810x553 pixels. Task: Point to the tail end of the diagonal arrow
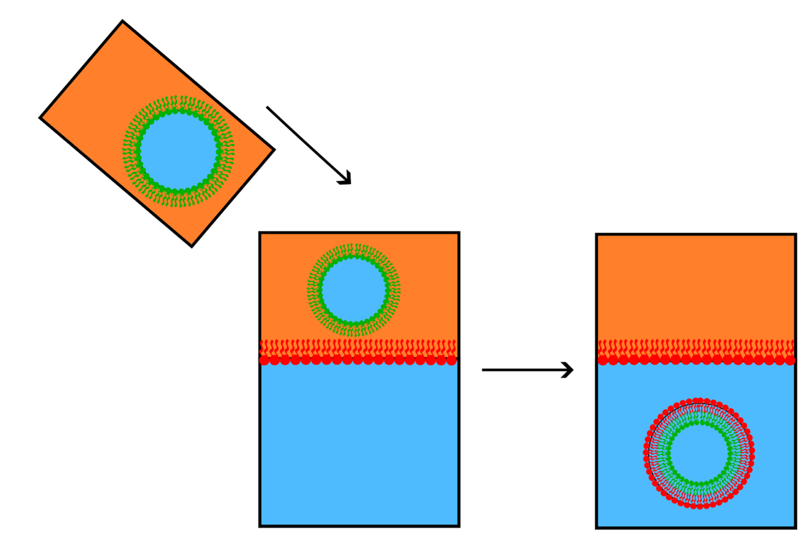pos(268,107)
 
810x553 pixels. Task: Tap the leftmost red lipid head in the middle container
pos(264,360)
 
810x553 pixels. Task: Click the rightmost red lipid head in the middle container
pos(451,360)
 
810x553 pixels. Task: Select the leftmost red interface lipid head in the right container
pos(603,360)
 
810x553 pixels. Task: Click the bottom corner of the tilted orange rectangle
pos(191,247)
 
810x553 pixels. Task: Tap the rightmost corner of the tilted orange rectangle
pos(274,150)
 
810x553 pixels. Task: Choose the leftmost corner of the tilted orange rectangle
pos(40,118)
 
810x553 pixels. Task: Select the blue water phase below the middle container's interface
pos(359,446)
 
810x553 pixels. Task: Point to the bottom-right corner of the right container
pos(795,527)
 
